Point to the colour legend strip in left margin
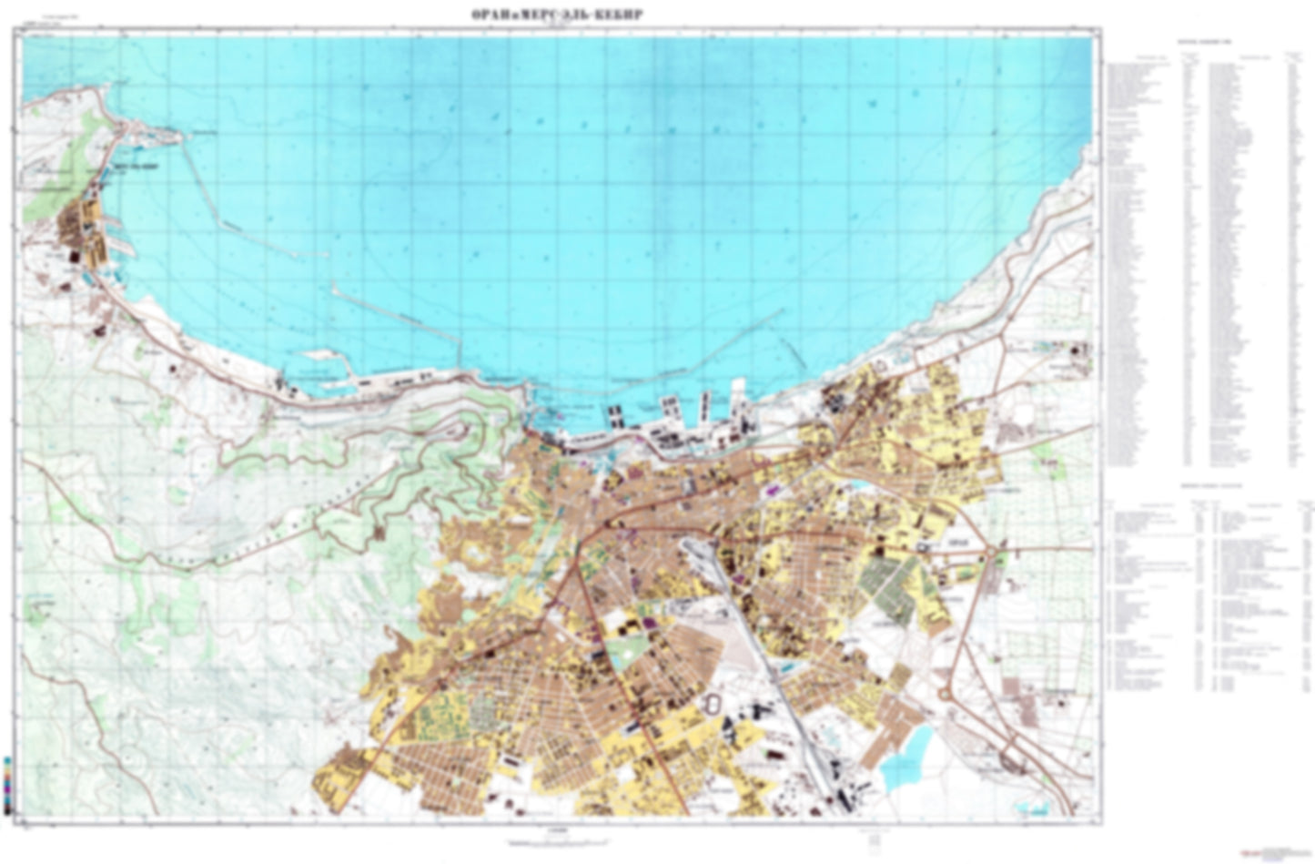click(7, 782)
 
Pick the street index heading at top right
click(1206, 43)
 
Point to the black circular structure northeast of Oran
click(1079, 348)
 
